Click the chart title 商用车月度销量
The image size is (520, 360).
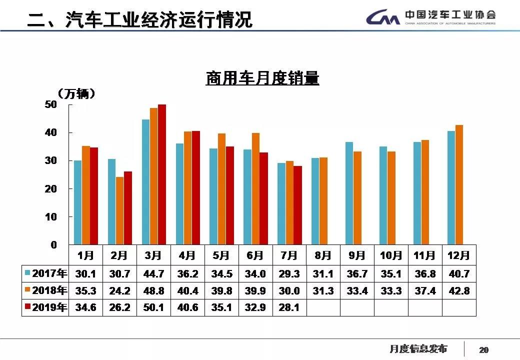tap(262, 78)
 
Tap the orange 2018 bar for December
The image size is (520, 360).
tap(459, 184)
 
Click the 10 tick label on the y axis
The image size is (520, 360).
tap(51, 217)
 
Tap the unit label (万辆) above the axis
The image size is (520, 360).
tap(75, 93)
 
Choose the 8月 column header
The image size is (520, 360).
tap(323, 255)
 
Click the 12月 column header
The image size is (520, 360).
tap(459, 255)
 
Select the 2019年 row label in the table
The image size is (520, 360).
tap(45, 307)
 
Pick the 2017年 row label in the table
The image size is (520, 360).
tap(45, 273)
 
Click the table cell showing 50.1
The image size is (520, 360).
tap(153, 307)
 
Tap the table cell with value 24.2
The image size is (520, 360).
tap(119, 290)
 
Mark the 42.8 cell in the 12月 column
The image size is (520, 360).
tap(459, 290)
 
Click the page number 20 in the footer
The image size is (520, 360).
tap(483, 350)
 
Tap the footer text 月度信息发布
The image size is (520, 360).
tap(418, 348)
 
